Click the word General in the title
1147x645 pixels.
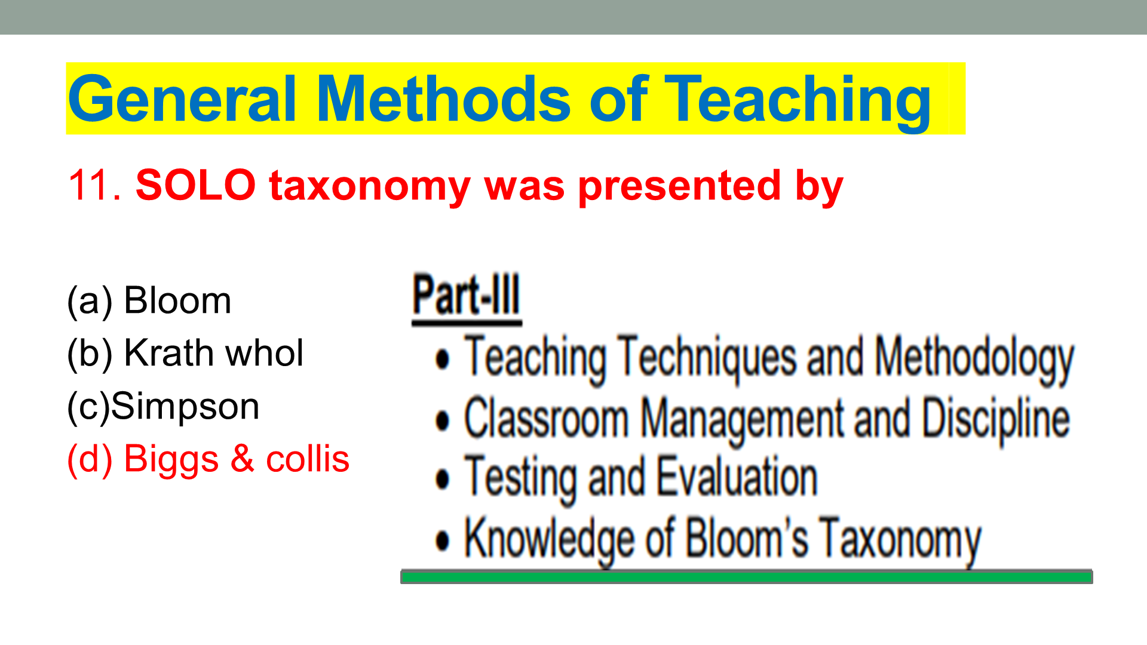coord(182,99)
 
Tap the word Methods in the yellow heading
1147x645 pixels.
coord(443,99)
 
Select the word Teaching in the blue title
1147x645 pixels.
coord(798,102)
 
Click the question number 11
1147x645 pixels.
coord(95,185)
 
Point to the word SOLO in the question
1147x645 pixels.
coord(195,185)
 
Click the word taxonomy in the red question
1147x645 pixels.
coord(370,188)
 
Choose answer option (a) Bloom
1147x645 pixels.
coord(149,300)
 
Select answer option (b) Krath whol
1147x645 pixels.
coord(185,353)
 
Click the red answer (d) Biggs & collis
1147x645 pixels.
coord(208,459)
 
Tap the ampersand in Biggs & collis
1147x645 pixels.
coord(242,458)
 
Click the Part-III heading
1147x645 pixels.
coord(467,297)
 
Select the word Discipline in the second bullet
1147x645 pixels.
coord(996,420)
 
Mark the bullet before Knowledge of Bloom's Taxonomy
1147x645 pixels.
coord(442,541)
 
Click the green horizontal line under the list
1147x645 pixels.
coord(746,576)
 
